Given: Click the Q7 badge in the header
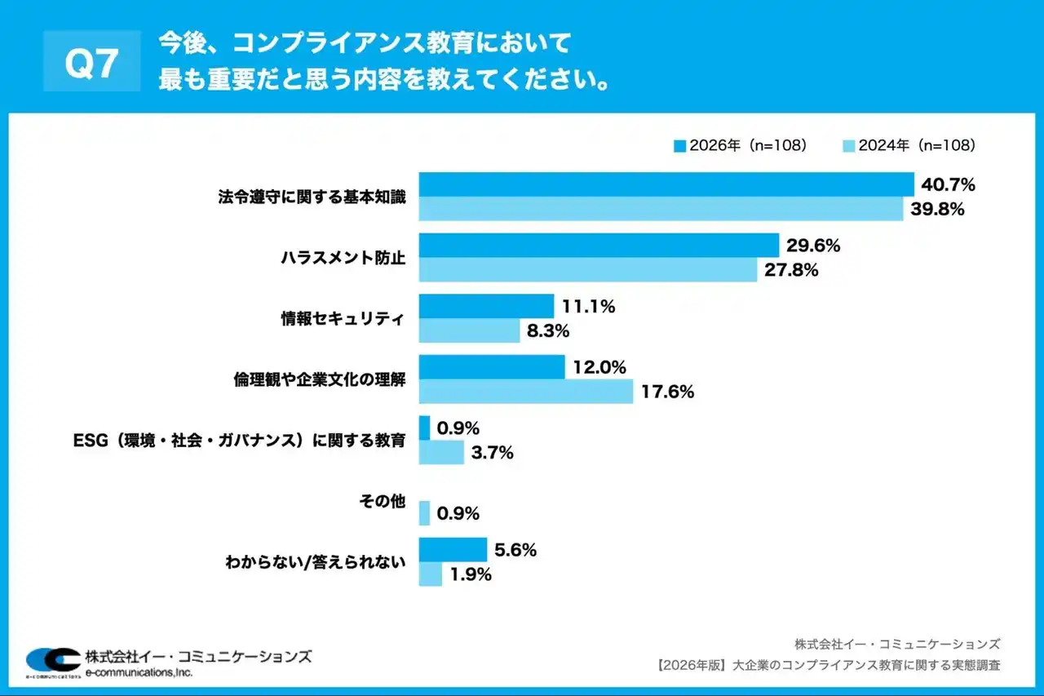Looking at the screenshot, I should [x=91, y=62].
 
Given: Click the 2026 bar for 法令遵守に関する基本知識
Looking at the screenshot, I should [x=666, y=184].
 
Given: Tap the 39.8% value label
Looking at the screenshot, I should [x=938, y=209].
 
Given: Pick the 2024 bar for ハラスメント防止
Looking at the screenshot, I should [x=587, y=270].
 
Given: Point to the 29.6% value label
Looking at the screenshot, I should [x=813, y=246].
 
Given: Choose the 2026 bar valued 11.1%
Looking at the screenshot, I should [x=486, y=306].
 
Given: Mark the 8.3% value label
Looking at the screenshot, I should [x=548, y=330].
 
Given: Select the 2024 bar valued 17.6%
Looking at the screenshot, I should [x=525, y=392].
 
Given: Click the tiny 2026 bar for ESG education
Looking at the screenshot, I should [x=424, y=428].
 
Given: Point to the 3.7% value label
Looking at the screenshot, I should [x=492, y=452].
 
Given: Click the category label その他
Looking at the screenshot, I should [x=383, y=502].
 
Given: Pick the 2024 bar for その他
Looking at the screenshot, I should [x=424, y=513].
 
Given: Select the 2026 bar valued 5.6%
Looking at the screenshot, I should [x=453, y=550].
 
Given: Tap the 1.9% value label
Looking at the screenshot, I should [x=471, y=574].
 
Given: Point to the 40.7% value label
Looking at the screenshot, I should [x=949, y=184].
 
